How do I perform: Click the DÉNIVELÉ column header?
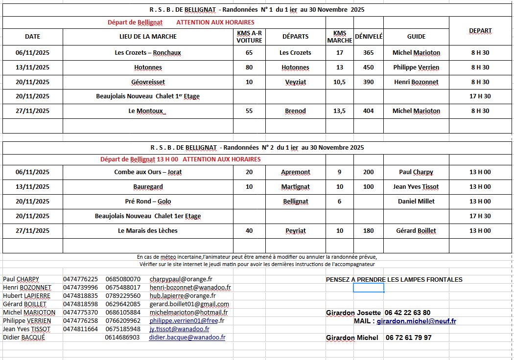tap(369, 36)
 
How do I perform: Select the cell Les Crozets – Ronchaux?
tap(148, 53)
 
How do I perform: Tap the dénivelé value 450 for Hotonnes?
tap(369, 67)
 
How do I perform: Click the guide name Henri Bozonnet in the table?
tap(416, 82)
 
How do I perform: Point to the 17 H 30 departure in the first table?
tap(480, 96)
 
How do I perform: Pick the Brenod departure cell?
tap(295, 111)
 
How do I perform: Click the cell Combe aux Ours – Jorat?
tap(148, 172)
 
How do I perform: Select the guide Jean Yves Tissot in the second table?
tap(416, 187)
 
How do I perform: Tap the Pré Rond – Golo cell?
tap(148, 202)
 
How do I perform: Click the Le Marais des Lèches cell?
tap(148, 231)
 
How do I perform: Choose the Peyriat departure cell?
tap(295, 231)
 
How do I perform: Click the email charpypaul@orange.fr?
tap(181, 279)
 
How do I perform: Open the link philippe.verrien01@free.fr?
tap(187, 321)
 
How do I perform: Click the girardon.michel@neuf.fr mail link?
tap(416, 321)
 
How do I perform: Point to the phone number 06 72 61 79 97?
tap(408, 338)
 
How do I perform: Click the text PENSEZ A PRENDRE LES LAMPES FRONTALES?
tap(394, 280)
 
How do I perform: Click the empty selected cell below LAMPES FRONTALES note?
tap(369, 288)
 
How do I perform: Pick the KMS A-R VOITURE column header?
tap(249, 37)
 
